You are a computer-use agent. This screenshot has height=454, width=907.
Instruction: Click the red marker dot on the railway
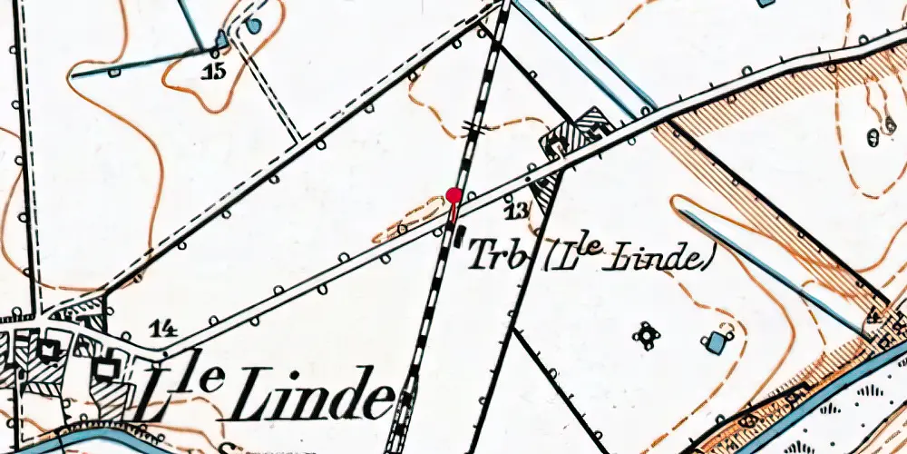pos(454,194)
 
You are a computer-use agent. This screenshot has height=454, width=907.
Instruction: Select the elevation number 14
pos(164,330)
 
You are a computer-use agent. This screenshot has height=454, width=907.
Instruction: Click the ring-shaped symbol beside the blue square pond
pos(647,336)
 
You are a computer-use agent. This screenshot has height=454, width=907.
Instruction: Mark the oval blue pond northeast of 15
pos(254,25)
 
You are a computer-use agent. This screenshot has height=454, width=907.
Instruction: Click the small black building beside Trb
pos(458,237)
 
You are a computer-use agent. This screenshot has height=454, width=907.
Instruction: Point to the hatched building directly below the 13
pos(546,192)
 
